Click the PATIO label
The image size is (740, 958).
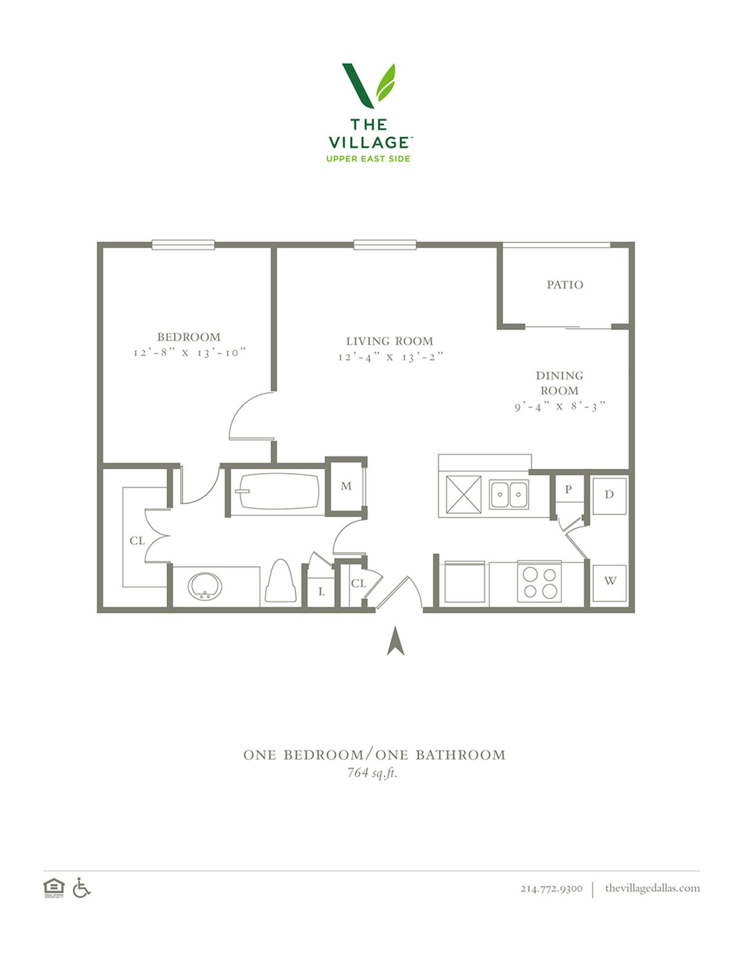pos(565,285)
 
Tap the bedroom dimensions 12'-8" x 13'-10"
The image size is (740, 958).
pos(189,353)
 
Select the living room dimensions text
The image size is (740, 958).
pos(390,357)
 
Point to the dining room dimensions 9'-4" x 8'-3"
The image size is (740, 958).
pos(560,406)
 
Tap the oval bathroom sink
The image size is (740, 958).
pos(205,587)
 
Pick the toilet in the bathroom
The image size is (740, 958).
pos(281,582)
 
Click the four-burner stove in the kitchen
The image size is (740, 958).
pos(540,582)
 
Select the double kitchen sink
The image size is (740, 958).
pos(509,494)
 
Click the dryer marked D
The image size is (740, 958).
pos(609,496)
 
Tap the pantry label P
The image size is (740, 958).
pos(568,489)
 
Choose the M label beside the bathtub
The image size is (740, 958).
pos(347,486)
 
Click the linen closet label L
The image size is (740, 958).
pos(322,592)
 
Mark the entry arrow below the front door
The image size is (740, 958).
pos(395,640)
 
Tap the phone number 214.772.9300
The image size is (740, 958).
pos(551,888)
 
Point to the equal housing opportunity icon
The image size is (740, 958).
pos(54,888)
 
